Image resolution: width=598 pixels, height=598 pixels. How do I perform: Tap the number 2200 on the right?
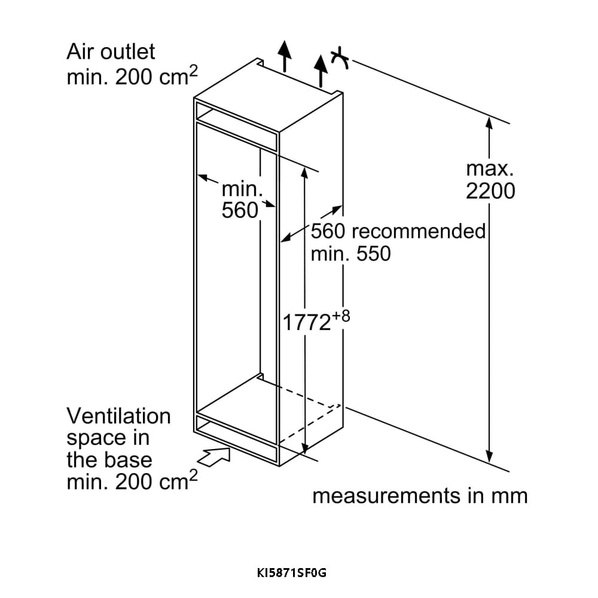pyautogui.click(x=490, y=191)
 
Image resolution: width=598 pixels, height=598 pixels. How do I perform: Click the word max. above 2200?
pyautogui.click(x=490, y=169)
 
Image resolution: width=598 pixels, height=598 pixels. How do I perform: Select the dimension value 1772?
pyautogui.click(x=307, y=323)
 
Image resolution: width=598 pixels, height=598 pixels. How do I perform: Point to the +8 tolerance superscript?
pyautogui.click(x=340, y=316)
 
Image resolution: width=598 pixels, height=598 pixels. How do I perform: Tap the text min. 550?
pyautogui.click(x=350, y=254)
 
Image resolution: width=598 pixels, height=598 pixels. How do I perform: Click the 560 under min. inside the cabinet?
pyautogui.click(x=239, y=210)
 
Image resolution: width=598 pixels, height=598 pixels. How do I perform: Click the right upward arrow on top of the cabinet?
pyautogui.click(x=322, y=69)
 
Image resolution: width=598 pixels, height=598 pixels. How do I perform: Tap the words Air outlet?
pyautogui.click(x=111, y=51)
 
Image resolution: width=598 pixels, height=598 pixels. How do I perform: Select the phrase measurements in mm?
pyautogui.click(x=420, y=496)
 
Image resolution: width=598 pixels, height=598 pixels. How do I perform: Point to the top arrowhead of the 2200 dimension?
pyautogui.click(x=489, y=122)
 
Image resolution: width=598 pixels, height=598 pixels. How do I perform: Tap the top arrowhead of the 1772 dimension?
pyautogui.click(x=305, y=172)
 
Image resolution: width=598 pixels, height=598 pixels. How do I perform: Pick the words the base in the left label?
pyautogui.click(x=109, y=460)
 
